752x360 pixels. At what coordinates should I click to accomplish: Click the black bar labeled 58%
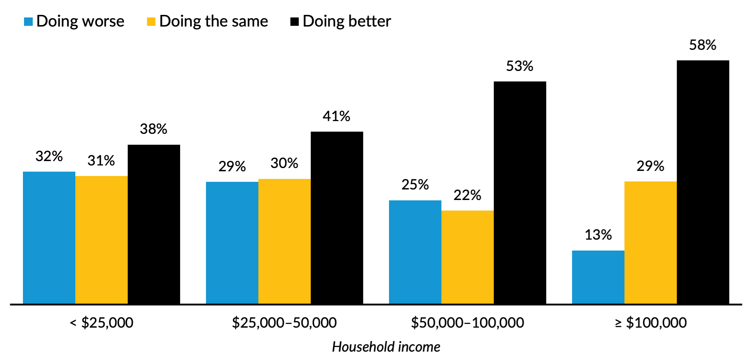(x=703, y=182)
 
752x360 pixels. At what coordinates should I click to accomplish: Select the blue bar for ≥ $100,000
(x=598, y=277)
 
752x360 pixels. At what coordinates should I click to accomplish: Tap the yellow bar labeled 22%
(x=467, y=257)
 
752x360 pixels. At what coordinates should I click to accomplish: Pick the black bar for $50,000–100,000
(x=520, y=193)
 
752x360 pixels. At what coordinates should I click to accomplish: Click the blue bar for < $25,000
(x=49, y=237)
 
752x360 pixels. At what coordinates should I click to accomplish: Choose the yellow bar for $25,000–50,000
(x=285, y=241)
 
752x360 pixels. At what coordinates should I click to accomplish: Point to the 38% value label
(x=154, y=129)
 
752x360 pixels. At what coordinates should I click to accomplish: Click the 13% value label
(x=598, y=235)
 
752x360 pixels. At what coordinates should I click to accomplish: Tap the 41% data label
(x=337, y=116)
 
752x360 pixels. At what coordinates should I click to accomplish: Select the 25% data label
(x=415, y=185)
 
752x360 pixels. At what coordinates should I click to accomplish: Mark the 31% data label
(x=101, y=161)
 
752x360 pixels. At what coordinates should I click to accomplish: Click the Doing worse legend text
(x=80, y=21)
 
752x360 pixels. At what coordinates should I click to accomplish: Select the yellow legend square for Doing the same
(x=151, y=21)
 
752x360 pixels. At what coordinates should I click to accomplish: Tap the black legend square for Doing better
(x=294, y=21)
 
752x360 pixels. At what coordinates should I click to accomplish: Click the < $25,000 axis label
(x=102, y=323)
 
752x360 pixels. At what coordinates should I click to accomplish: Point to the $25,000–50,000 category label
(x=284, y=323)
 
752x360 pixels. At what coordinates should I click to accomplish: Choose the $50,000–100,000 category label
(x=467, y=323)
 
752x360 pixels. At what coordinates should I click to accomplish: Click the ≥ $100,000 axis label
(x=650, y=323)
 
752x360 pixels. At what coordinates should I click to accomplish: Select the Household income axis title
(x=386, y=347)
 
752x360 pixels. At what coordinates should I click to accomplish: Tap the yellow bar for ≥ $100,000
(x=650, y=243)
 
